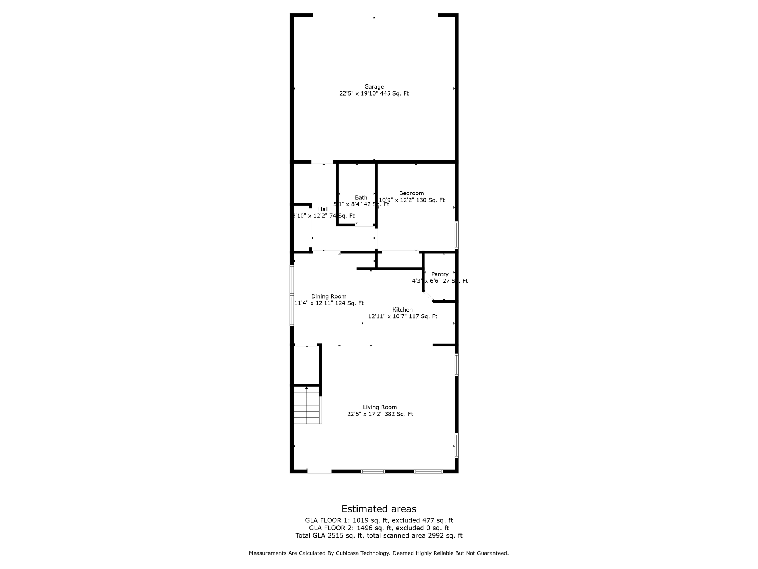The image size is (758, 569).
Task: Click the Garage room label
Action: [x=374, y=87]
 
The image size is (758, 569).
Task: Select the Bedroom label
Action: [x=412, y=193]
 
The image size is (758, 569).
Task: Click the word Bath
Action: [x=361, y=197]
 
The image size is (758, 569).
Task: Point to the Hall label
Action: [x=323, y=209]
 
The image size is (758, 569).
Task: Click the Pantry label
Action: [x=440, y=274]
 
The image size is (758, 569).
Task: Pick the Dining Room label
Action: [x=329, y=296]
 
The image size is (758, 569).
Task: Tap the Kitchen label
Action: [x=402, y=310]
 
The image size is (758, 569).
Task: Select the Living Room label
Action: [x=380, y=407]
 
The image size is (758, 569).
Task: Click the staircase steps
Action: [x=306, y=405]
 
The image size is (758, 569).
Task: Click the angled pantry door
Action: [x=428, y=296]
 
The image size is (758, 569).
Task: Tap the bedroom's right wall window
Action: [x=456, y=235]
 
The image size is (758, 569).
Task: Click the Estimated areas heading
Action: [x=379, y=509]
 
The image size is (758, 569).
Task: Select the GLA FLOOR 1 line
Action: [x=379, y=520]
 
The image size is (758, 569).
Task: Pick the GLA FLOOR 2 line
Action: [x=379, y=528]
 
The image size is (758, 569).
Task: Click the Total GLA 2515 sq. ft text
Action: [x=329, y=536]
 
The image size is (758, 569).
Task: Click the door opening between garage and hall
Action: [x=322, y=162]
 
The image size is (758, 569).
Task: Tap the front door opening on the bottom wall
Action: [x=319, y=472]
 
